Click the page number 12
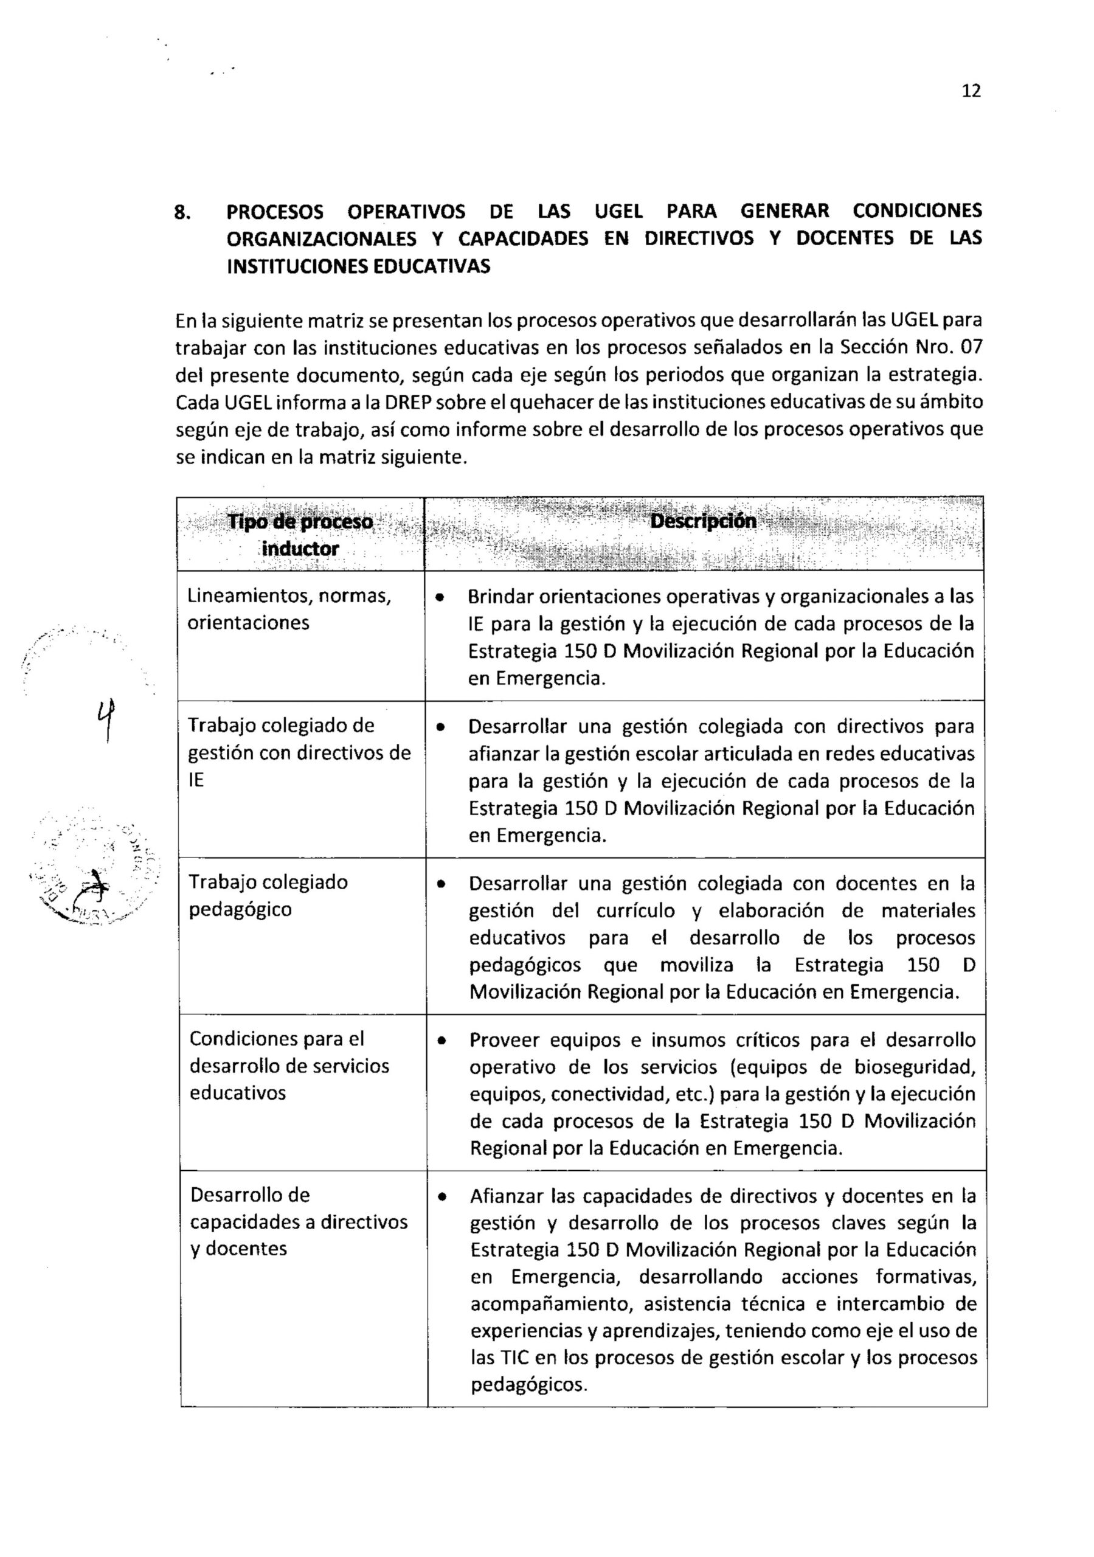pos(971,91)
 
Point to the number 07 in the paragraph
pos(971,347)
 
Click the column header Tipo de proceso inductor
pos(300,535)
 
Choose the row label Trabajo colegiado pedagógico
pos(268,895)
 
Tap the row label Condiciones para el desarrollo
pos(289,1066)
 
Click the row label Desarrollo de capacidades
pos(299,1221)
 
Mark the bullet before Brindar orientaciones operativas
pos(440,598)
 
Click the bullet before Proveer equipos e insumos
pos(442,1041)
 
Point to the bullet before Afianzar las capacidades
pos(442,1197)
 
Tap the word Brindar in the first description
pos(500,597)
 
